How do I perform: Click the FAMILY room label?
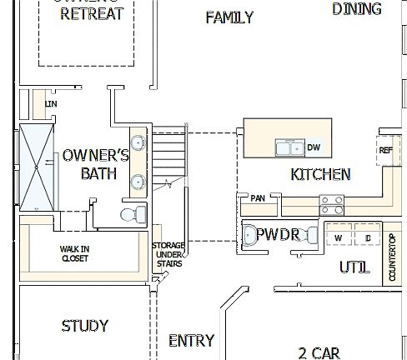229,17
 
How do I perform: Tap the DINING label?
356,9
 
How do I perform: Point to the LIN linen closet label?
50,103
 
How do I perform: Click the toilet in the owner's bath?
130,215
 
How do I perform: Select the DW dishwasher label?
314,148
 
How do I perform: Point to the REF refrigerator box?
384,151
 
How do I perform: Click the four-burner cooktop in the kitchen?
330,200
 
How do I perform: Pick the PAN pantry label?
258,198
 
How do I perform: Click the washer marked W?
339,238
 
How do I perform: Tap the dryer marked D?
367,238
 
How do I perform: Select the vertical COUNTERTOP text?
393,257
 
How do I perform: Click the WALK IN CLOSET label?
74,253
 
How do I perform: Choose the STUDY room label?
85,326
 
